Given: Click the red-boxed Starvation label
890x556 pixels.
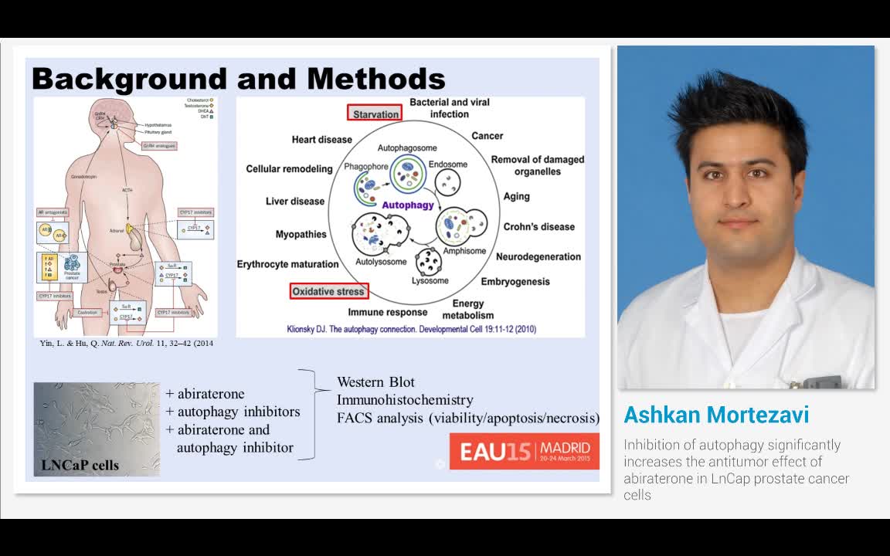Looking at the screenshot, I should [x=375, y=114].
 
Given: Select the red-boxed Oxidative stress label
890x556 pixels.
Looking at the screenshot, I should [x=329, y=292].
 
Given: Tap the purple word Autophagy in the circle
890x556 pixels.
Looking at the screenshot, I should [x=408, y=205].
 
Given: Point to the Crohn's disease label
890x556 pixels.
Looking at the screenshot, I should [x=539, y=227].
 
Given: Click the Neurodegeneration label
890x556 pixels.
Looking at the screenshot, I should [x=538, y=257].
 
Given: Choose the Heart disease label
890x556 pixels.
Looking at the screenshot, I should [x=321, y=140].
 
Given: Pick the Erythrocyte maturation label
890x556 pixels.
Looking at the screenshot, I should [x=287, y=264].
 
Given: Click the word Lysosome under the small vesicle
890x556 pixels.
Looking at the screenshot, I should [x=430, y=280].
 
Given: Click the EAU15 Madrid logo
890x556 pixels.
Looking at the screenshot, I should [x=525, y=451].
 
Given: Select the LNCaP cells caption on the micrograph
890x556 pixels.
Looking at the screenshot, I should [x=81, y=465].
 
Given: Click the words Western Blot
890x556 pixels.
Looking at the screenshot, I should [x=375, y=382].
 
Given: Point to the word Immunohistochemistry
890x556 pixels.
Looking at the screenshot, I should [x=405, y=400].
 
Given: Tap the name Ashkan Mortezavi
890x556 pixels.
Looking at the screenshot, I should [x=716, y=415].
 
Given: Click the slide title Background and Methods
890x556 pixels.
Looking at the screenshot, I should [x=238, y=79].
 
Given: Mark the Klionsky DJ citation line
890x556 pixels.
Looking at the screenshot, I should [x=411, y=329].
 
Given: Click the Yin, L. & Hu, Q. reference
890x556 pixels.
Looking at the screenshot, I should [x=126, y=344].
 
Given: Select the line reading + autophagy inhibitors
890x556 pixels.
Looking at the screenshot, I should [x=233, y=412].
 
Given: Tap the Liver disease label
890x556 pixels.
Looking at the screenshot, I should [x=295, y=202].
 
